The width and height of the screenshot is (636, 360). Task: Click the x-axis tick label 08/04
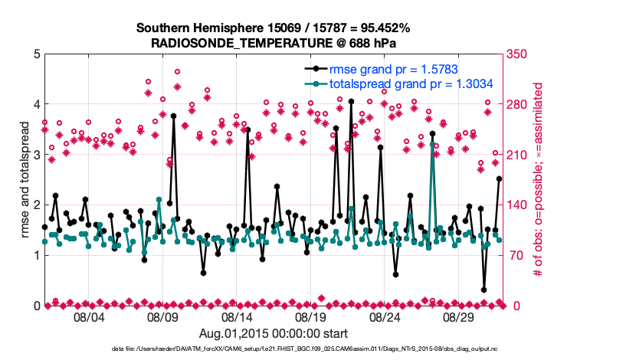tap(89, 317)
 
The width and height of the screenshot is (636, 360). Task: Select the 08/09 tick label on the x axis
tap(162, 317)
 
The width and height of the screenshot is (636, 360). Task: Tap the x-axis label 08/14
tap(237, 317)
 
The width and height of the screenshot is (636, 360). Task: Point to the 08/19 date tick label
tap(311, 317)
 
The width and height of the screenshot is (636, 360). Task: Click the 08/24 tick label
tap(385, 317)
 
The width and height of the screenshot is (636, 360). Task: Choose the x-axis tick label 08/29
tap(459, 317)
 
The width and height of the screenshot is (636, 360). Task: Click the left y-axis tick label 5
tap(37, 54)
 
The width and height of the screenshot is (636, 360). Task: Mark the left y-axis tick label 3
tap(37, 155)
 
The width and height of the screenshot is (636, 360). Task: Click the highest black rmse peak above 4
tap(351, 101)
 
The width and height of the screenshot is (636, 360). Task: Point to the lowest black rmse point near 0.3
tap(484, 290)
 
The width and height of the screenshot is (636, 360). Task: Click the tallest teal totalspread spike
tap(432, 143)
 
